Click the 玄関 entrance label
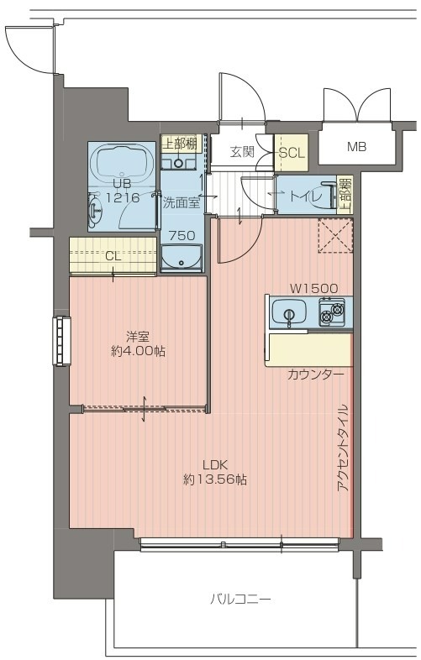click(x=242, y=152)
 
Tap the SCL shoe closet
click(x=292, y=153)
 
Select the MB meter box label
click(x=356, y=147)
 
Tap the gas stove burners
click(x=332, y=312)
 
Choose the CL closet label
click(x=113, y=256)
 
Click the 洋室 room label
click(x=138, y=337)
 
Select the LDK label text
click(x=215, y=465)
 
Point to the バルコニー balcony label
click(x=240, y=599)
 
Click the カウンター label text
click(x=315, y=375)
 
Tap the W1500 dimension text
click(x=313, y=288)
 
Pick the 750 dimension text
click(x=182, y=236)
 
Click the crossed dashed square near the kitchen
click(x=335, y=236)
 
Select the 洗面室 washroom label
click(x=182, y=203)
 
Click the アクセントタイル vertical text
click(x=344, y=448)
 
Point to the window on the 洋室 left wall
click(x=61, y=341)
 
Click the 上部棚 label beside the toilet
click(x=345, y=194)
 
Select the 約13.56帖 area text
click(x=215, y=479)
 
